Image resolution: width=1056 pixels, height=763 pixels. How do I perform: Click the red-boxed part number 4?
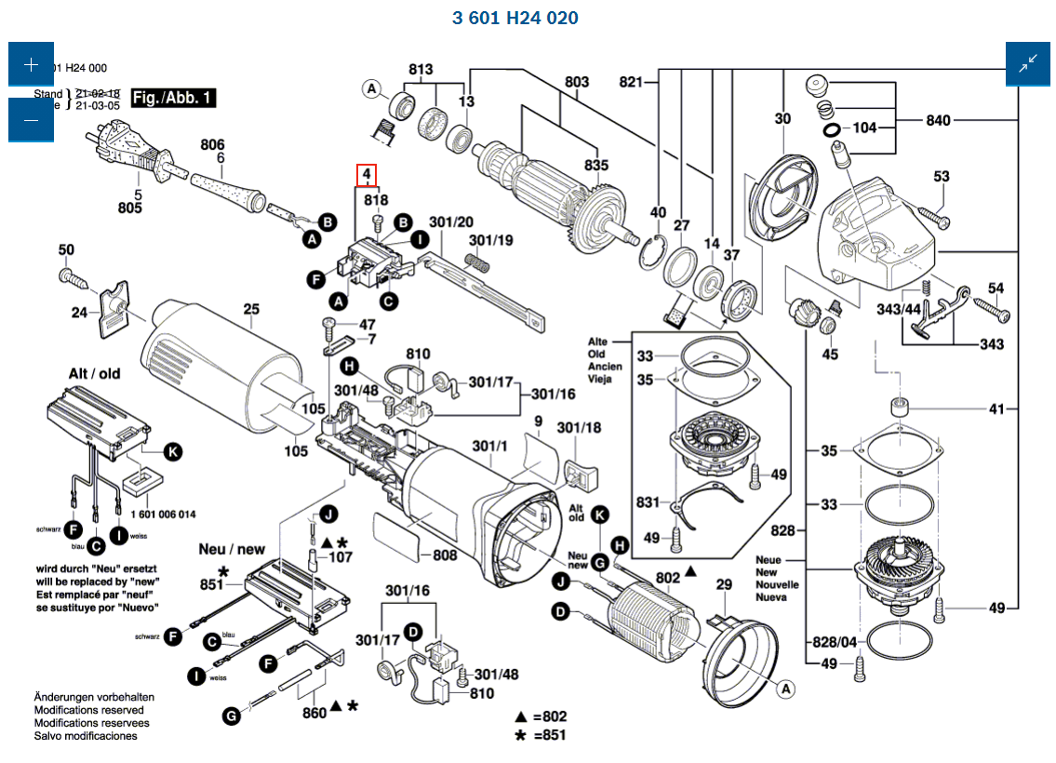[x=368, y=175]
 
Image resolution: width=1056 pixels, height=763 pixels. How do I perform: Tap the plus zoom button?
[x=32, y=64]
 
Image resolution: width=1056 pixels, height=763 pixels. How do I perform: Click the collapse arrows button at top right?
[x=1028, y=64]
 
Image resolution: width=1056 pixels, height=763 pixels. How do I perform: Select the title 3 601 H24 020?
[x=515, y=19]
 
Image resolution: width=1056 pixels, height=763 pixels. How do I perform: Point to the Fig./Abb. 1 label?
[x=174, y=98]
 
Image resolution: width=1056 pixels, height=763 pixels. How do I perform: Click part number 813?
[x=421, y=70]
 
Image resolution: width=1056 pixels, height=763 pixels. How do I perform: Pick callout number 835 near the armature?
[x=595, y=166]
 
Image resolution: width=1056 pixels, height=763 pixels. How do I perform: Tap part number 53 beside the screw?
[x=942, y=177]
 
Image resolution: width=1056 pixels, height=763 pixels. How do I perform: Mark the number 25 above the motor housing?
[x=251, y=309]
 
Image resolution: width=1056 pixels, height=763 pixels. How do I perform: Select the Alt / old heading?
[x=94, y=373]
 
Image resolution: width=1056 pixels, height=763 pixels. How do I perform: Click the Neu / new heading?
[x=232, y=549]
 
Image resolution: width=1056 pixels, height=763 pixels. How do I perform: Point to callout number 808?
[x=445, y=556]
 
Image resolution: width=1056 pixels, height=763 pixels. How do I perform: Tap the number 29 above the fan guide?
[x=724, y=585]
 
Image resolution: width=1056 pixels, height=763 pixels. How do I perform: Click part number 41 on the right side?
[x=997, y=408]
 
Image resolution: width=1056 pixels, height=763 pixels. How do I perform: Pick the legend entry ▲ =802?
[x=541, y=716]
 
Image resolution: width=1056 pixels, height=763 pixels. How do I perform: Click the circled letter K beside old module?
[x=171, y=452]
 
